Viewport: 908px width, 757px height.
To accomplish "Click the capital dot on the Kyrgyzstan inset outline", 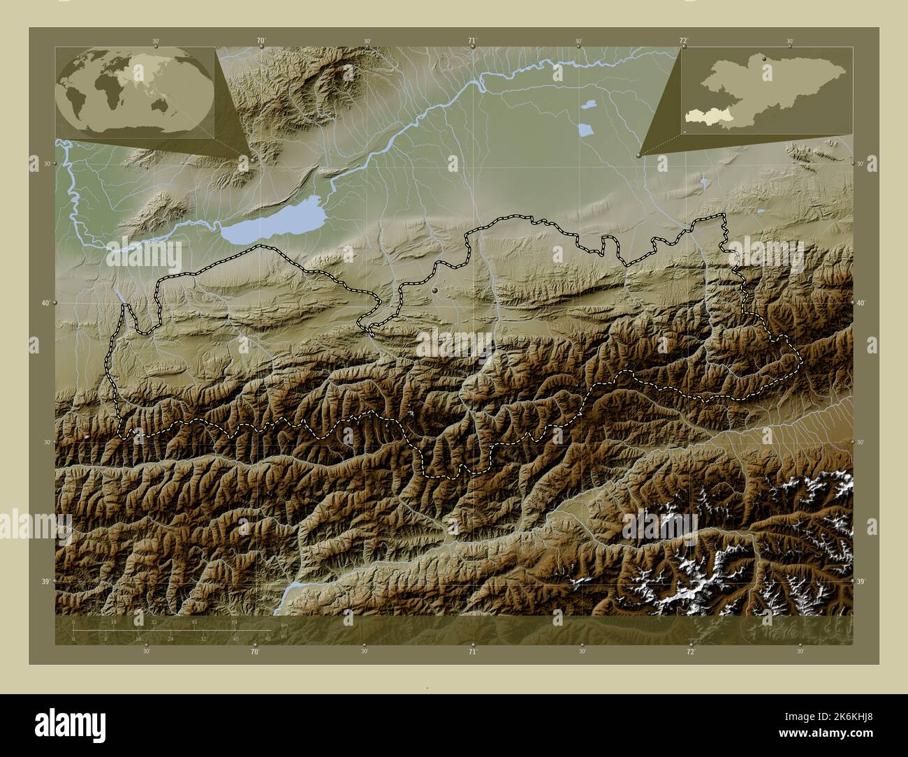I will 766,59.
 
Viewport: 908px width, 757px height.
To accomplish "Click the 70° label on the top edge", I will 261,41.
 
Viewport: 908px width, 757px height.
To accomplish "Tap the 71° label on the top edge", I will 473,41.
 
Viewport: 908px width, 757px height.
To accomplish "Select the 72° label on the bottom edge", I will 690,652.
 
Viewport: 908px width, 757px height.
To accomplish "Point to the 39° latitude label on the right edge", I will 861,582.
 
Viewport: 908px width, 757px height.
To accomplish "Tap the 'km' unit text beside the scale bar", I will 284,624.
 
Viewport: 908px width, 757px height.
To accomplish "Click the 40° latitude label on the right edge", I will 861,303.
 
